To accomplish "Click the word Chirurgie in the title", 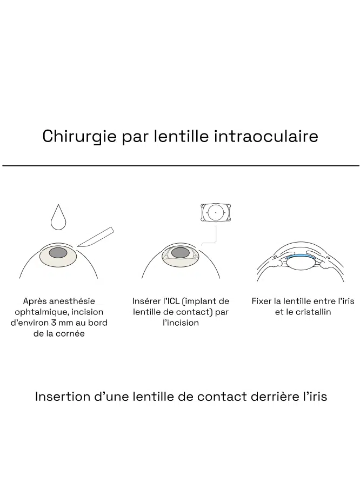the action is point(79,137).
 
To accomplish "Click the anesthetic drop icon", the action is point(58,217).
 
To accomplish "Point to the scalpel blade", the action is point(96,237).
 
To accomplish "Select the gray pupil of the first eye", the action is point(58,253).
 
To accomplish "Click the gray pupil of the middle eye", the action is point(181,253).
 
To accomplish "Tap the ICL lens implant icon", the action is point(216,212).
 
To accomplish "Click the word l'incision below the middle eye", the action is point(181,323).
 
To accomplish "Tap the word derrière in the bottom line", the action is point(276,397).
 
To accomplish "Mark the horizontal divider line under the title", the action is point(181,166).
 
